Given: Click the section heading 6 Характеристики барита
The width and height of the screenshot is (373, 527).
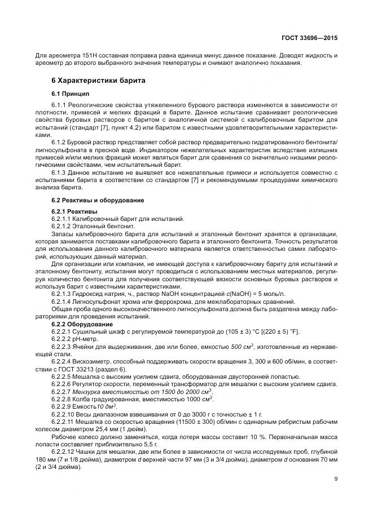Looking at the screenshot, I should pyautogui.click(x=98, y=81).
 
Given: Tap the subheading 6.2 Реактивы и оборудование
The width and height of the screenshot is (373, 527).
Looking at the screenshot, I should pyautogui.click(x=98, y=200).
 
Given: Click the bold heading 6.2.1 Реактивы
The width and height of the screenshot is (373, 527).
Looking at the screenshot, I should pyautogui.click(x=74, y=211).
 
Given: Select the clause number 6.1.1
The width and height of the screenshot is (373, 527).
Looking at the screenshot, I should pyautogui.click(x=59, y=105).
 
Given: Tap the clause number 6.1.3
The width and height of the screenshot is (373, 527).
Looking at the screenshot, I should pyautogui.click(x=59, y=172).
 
